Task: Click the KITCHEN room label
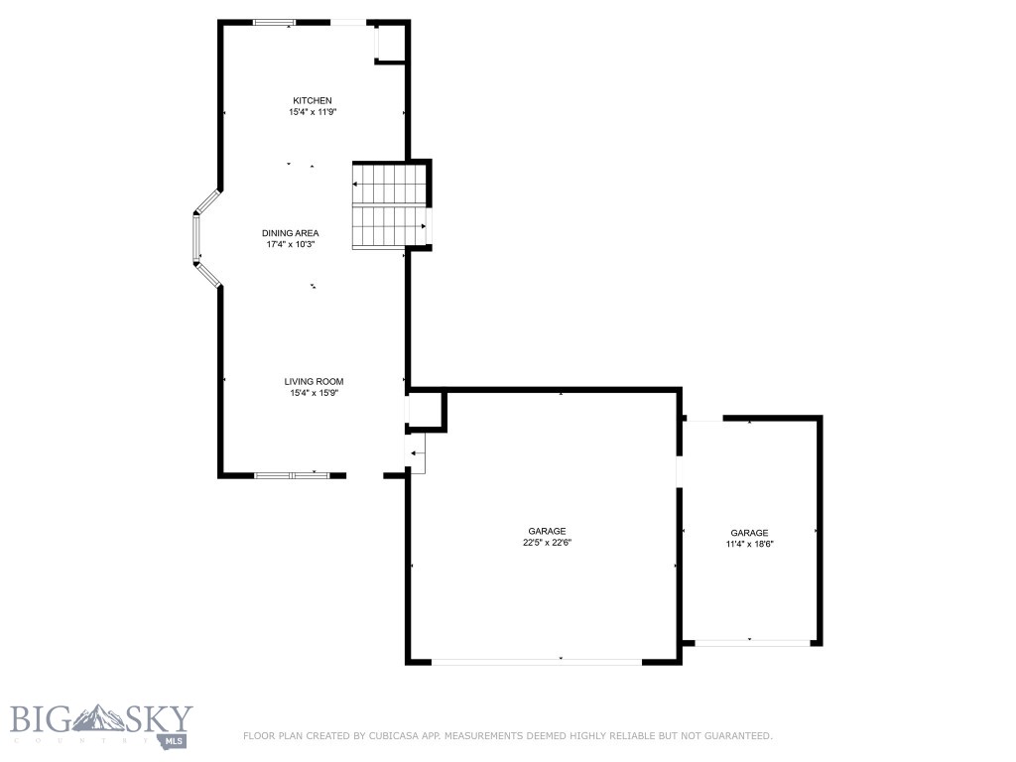tap(312, 100)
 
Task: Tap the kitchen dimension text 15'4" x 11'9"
tap(312, 112)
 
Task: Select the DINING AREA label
tap(290, 233)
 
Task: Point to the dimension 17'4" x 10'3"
tap(290, 244)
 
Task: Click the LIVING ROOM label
tap(314, 381)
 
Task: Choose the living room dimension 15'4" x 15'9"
tap(314, 393)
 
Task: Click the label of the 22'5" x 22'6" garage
tap(547, 531)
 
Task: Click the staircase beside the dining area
tap(389, 205)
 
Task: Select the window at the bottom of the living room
tap(292, 475)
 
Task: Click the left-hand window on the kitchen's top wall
tap(274, 22)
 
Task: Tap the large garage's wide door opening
tap(537, 661)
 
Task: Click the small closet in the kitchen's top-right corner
tap(390, 43)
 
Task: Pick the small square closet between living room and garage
tap(427, 410)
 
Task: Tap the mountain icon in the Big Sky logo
tap(98, 716)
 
